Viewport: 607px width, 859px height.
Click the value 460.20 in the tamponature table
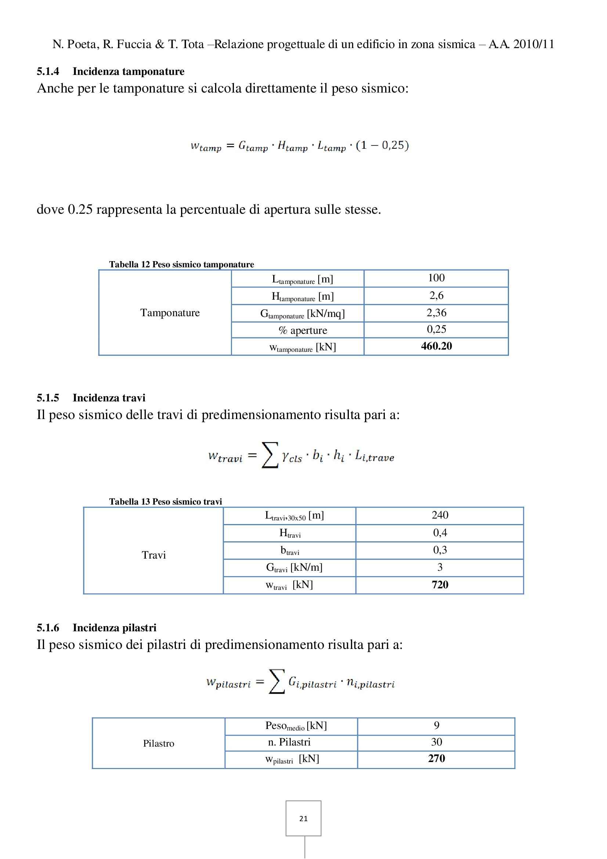(x=436, y=346)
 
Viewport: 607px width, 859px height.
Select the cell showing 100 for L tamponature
(x=436, y=278)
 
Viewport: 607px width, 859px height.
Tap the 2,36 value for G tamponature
(x=436, y=313)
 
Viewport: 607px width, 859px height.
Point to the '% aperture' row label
(x=303, y=331)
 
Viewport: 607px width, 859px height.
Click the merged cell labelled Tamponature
(x=170, y=313)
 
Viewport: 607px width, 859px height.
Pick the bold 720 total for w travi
(x=440, y=585)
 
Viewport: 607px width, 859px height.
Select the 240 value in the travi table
(x=440, y=515)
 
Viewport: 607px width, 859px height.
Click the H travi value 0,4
(x=440, y=533)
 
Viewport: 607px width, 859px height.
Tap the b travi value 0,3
(x=440, y=550)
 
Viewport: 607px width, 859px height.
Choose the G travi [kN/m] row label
(x=294, y=567)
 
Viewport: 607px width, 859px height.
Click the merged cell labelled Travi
(x=154, y=555)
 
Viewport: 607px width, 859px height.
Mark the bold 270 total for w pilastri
(x=437, y=758)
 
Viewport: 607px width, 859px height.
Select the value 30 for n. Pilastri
(x=437, y=742)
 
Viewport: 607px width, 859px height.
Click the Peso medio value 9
(x=437, y=725)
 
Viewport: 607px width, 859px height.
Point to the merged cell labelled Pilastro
(x=159, y=743)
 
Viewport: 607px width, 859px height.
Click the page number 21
(x=303, y=819)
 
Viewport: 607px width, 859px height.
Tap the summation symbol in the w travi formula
(x=270, y=455)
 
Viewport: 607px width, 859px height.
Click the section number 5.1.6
(x=48, y=627)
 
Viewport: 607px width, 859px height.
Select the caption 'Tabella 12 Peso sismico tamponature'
(x=181, y=264)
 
